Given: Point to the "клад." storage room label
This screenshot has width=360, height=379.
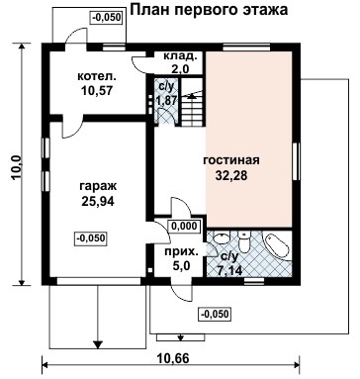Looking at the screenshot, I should coord(180,56).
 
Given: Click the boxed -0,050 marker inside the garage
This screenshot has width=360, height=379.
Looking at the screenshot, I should coord(91,237).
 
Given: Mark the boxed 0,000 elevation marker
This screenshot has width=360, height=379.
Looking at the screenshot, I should coord(182,226).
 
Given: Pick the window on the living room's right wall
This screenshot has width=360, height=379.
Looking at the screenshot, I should coord(297,159).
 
